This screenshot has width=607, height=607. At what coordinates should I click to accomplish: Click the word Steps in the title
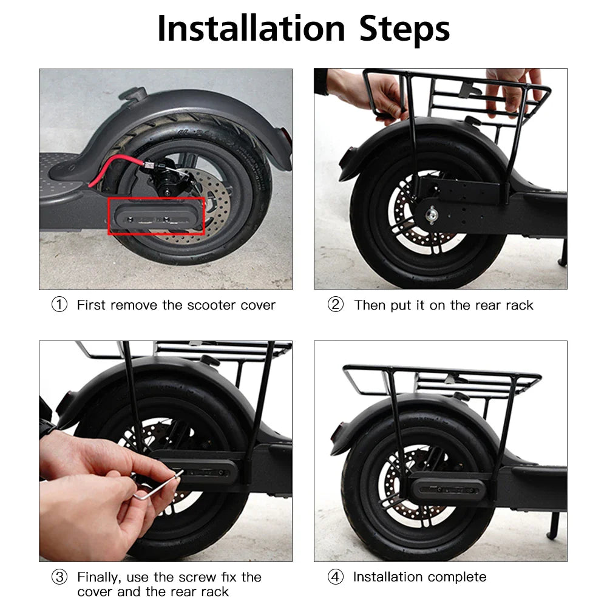click(x=404, y=29)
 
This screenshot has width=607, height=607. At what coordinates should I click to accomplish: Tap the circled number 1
click(x=59, y=305)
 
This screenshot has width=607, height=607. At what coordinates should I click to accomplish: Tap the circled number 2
click(x=335, y=305)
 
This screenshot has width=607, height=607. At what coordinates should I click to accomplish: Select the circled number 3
click(x=59, y=577)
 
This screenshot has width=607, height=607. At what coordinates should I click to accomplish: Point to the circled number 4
click(x=335, y=577)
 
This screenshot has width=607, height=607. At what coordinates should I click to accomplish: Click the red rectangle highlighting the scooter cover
click(x=156, y=215)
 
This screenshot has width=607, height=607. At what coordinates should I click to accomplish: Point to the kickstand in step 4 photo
click(x=554, y=522)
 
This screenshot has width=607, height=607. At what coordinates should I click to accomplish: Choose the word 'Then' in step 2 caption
click(x=369, y=305)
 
